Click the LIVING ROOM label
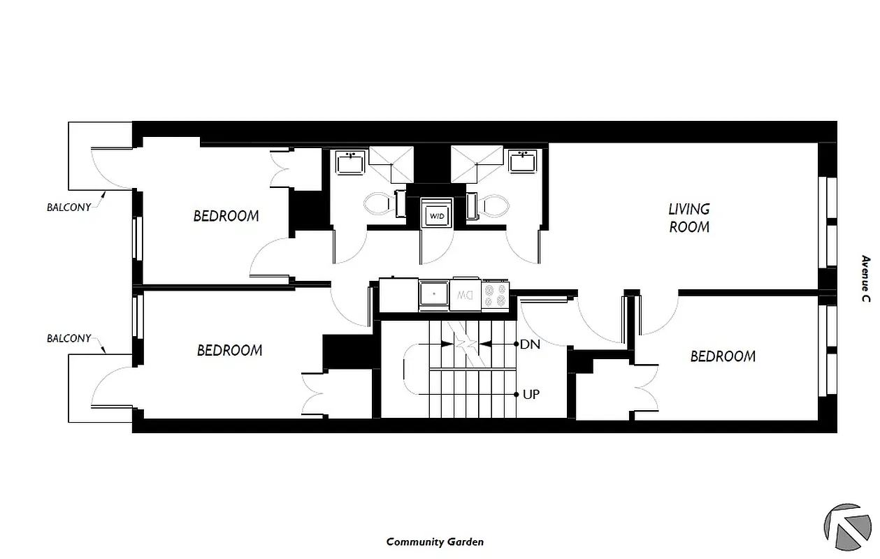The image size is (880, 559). click(x=689, y=218)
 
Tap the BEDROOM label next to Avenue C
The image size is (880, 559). click(x=723, y=356)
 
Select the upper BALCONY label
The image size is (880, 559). click(x=68, y=208)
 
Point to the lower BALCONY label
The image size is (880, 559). click(x=68, y=338)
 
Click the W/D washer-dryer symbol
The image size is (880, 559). click(x=437, y=215)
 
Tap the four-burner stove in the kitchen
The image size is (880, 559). click(x=496, y=294)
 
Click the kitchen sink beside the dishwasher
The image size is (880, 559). click(x=434, y=295)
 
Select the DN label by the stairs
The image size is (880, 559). click(x=531, y=344)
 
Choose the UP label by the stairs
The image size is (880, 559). click(x=531, y=394)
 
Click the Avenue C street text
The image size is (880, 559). click(x=865, y=279)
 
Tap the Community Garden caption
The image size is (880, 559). click(x=435, y=542)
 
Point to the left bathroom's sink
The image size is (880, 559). click(x=349, y=164)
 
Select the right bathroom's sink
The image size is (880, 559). click(x=522, y=162)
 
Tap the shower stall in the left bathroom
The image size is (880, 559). click(x=391, y=163)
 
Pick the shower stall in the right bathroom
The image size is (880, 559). click(x=477, y=163)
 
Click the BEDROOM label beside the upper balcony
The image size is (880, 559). click(x=226, y=216)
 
